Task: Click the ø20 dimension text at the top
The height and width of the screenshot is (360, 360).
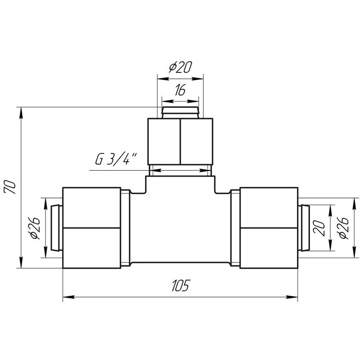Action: click(x=180, y=68)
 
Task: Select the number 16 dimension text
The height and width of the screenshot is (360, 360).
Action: click(x=180, y=90)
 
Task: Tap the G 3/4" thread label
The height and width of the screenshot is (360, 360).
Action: click(x=116, y=159)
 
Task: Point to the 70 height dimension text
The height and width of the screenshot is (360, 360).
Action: click(x=11, y=188)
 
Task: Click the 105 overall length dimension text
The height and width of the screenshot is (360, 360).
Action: click(x=180, y=285)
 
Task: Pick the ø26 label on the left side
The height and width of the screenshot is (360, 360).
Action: click(x=35, y=228)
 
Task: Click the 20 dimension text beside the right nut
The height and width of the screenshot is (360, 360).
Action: click(x=321, y=228)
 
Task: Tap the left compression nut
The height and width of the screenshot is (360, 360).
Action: click(x=91, y=228)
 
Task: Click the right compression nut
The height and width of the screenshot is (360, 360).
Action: click(x=269, y=228)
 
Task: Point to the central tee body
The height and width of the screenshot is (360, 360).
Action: click(x=180, y=227)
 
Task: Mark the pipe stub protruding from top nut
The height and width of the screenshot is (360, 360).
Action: click(x=180, y=112)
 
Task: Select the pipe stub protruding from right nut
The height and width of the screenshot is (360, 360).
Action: click(x=304, y=228)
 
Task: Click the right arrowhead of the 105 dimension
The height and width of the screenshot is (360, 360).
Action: click(x=293, y=297)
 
